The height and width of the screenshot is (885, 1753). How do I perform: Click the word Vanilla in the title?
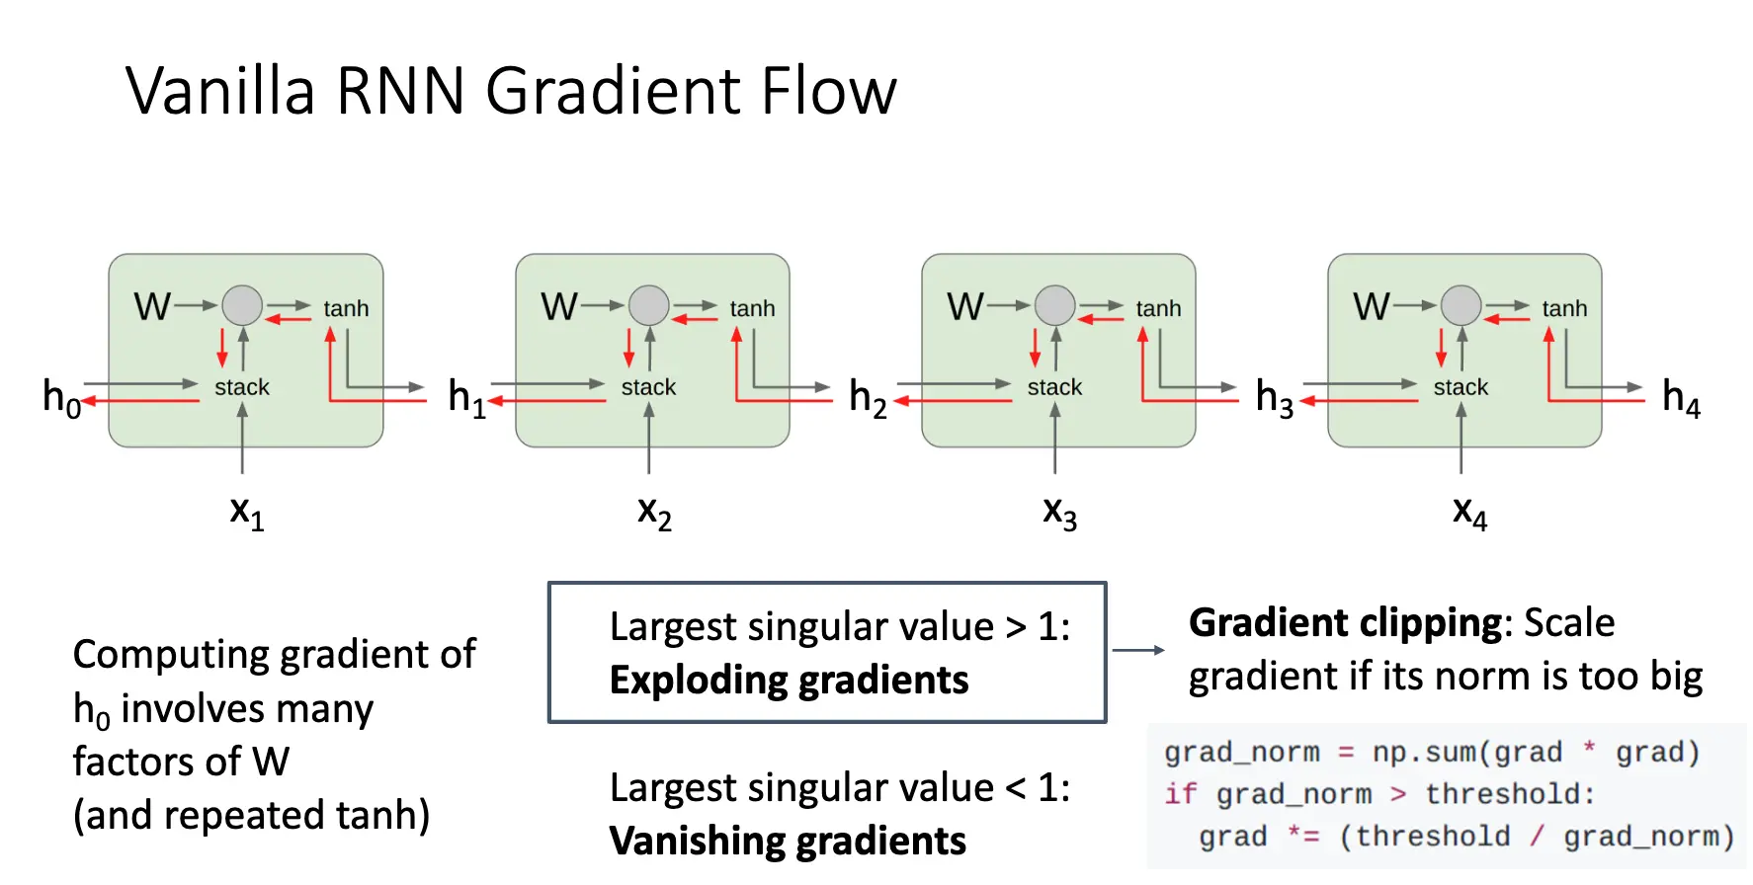click(x=220, y=91)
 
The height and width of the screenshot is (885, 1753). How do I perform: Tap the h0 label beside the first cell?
click(x=61, y=397)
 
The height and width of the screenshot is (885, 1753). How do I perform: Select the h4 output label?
click(x=1681, y=397)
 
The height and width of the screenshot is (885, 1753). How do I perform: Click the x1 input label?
click(x=246, y=512)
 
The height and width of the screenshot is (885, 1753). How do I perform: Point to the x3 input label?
click(x=1059, y=512)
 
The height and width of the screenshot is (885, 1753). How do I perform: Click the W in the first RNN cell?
click(x=152, y=306)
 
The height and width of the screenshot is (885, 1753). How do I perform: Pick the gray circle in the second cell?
click(x=649, y=305)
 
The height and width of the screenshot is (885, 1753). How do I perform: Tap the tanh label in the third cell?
click(x=1158, y=309)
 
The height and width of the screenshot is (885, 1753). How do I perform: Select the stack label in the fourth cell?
click(x=1461, y=387)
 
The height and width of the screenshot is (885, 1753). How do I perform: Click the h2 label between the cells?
click(x=868, y=397)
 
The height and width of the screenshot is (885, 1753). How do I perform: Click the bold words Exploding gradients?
click(x=789, y=681)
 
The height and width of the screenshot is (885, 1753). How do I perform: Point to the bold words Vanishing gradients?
click(x=788, y=842)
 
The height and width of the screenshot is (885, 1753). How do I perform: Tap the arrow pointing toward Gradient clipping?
click(x=1138, y=650)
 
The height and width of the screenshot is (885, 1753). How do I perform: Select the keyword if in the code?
click(x=1180, y=794)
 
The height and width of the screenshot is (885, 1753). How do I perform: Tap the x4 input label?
click(x=1469, y=512)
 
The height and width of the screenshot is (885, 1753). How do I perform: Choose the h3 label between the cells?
click(x=1274, y=397)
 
